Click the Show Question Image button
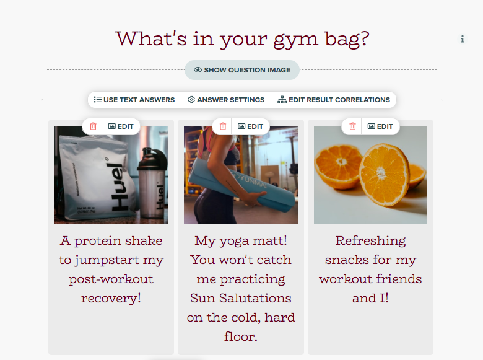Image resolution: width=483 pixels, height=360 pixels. pos(242,70)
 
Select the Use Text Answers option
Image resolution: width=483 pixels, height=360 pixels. pos(134,100)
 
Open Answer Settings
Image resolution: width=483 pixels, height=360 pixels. pos(226,100)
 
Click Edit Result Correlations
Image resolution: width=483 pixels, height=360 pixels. pos(334,100)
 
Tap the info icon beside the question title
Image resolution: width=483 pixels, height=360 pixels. pos(462,39)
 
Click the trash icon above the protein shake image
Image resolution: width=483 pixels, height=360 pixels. pos(93,126)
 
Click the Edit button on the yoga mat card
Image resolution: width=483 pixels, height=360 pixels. pos(250,126)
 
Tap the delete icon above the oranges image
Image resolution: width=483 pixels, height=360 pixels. pos(353,126)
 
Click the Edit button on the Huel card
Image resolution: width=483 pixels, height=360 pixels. pos(121,126)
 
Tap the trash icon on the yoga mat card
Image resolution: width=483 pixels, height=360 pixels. pos(223,126)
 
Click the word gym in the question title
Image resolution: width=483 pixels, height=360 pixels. pos(296,40)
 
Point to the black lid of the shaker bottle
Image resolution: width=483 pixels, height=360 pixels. pos(152,159)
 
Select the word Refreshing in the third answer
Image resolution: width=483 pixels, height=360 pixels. pos(370,241)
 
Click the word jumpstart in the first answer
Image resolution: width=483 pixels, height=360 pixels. pos(107,260)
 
